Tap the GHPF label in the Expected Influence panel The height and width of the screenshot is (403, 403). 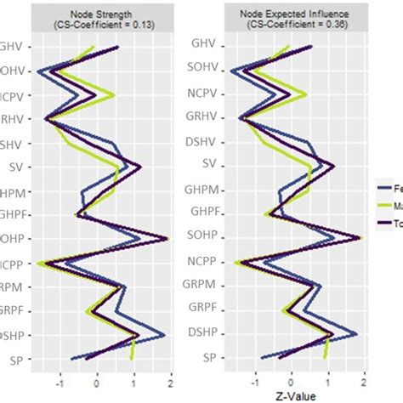(x=205, y=213)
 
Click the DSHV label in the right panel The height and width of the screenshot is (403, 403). (x=205, y=139)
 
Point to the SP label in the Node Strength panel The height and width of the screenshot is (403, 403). (x=15, y=360)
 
